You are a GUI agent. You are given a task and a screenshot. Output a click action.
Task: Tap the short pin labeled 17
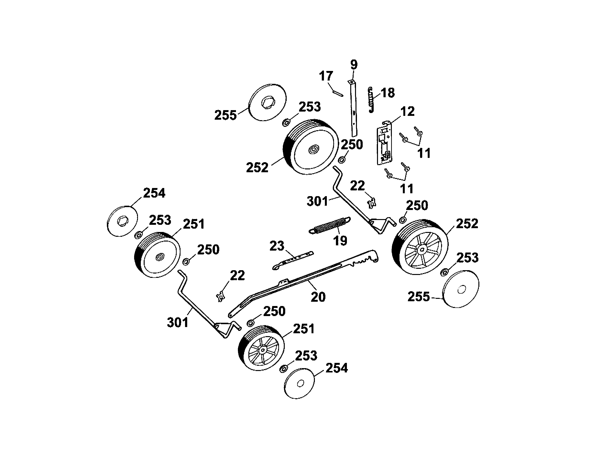tap(338, 93)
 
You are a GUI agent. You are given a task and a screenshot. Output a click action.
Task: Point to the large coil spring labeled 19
tap(330, 225)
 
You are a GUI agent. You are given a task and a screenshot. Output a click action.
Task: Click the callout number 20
tap(318, 297)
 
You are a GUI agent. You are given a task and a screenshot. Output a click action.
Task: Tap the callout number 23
tap(277, 246)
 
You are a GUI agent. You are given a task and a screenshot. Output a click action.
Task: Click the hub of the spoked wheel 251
tap(262, 350)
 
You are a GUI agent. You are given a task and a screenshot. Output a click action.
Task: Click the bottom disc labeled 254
tap(300, 383)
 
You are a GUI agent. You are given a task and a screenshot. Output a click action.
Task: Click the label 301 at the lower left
tap(178, 322)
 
